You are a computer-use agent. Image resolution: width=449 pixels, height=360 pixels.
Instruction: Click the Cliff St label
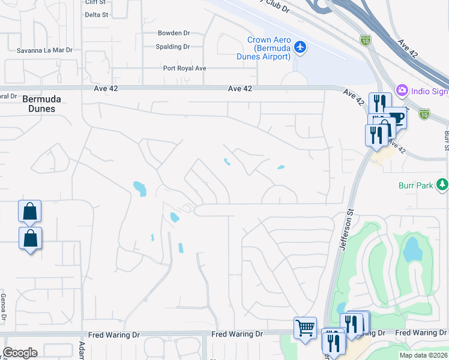tap(96, 2)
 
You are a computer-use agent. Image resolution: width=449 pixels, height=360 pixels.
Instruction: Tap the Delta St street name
tap(97, 14)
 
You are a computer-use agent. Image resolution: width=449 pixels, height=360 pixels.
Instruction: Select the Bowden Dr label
tap(173, 33)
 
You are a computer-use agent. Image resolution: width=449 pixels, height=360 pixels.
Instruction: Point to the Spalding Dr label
tap(173, 46)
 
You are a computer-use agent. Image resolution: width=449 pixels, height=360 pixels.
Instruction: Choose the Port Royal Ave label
tap(185, 68)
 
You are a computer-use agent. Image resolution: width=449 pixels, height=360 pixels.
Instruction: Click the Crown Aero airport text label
tap(269, 48)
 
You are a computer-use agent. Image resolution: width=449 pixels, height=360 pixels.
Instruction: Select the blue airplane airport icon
tap(301, 46)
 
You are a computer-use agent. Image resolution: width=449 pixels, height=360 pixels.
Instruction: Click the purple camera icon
tap(402, 91)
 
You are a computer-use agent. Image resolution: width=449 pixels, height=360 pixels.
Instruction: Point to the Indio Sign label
tap(430, 91)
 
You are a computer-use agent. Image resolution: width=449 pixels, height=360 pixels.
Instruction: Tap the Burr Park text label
tap(415, 185)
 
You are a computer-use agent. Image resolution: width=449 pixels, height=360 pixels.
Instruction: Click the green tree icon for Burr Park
tap(442, 184)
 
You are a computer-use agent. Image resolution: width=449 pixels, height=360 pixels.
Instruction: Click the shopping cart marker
tap(306, 328)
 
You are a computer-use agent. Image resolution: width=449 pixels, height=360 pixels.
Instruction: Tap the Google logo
tap(20, 353)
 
